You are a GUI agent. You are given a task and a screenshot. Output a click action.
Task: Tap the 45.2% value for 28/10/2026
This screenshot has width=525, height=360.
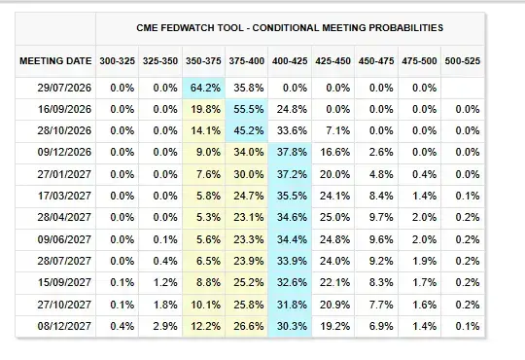pyautogui.click(x=249, y=130)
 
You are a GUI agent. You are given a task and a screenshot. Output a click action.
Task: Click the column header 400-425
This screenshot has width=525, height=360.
pyautogui.click(x=290, y=61)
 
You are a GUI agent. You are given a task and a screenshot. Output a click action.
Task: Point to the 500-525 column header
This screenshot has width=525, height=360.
pyautogui.click(x=463, y=61)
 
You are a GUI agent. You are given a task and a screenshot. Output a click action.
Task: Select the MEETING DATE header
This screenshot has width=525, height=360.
pyautogui.click(x=55, y=61)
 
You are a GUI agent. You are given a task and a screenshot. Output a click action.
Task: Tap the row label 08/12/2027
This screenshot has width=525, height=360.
pyautogui.click(x=64, y=326)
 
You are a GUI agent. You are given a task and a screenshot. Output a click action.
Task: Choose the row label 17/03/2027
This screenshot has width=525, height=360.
pyautogui.click(x=64, y=196)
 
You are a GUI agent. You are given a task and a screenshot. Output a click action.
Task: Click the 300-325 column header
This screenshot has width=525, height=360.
pyautogui.click(x=118, y=61)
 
